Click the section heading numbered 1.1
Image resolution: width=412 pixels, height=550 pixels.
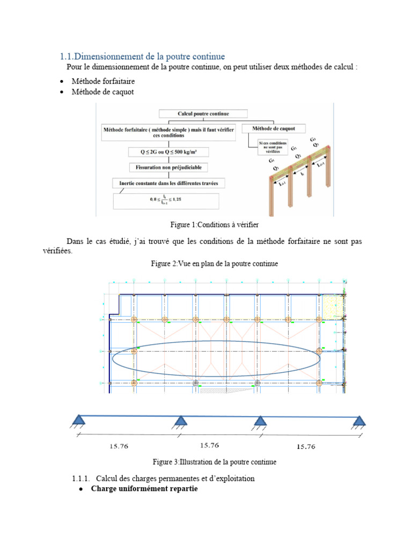point(142,56)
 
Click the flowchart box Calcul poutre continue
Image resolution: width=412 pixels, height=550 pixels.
point(203,114)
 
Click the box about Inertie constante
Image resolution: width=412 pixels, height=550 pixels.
point(168,184)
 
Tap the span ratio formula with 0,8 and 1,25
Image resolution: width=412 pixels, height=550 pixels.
point(166,201)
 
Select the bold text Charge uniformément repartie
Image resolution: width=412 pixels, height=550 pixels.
point(144,489)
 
